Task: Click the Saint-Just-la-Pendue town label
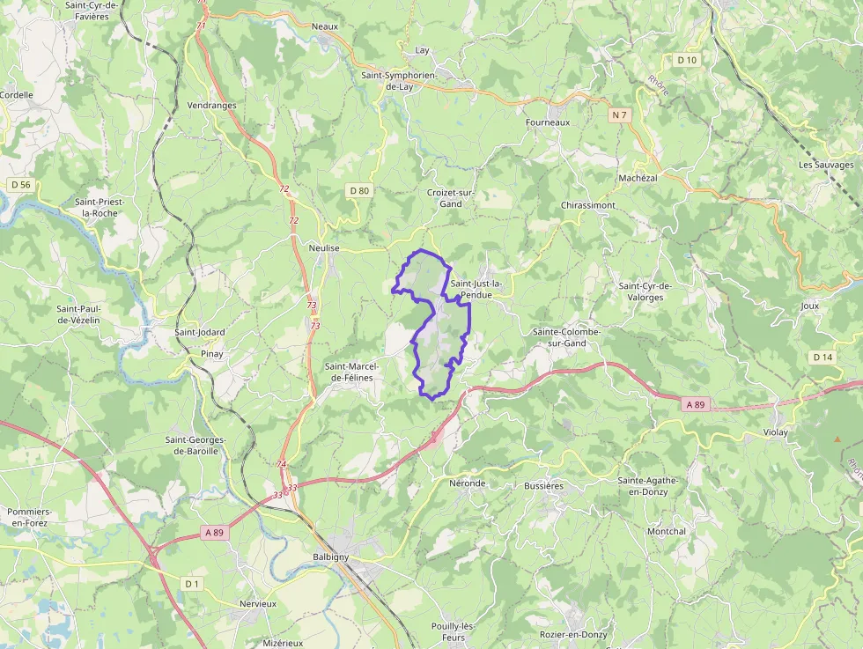click(x=476, y=289)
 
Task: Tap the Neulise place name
click(x=324, y=249)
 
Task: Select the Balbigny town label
click(x=331, y=557)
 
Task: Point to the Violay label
click(x=776, y=432)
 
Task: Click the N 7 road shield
click(x=621, y=115)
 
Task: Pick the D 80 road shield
click(x=358, y=190)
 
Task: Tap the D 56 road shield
click(x=20, y=184)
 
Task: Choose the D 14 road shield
click(x=822, y=357)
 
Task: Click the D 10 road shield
click(x=687, y=60)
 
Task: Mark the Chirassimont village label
click(x=588, y=205)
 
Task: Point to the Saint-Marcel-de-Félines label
click(x=351, y=372)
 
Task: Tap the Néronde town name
click(x=468, y=483)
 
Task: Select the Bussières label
click(x=543, y=485)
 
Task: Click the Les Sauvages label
click(x=826, y=165)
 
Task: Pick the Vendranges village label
click(x=212, y=105)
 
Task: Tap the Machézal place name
click(x=638, y=178)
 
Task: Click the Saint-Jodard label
click(x=200, y=332)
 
